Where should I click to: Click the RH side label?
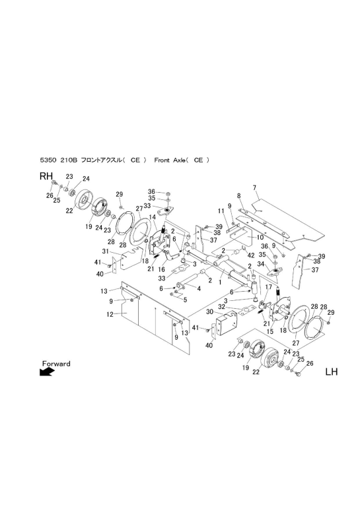[x=46, y=176]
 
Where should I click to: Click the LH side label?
[x=332, y=372]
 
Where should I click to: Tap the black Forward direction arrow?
[x=47, y=372]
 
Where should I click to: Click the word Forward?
[x=56, y=363]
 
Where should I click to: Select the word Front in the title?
[x=162, y=160]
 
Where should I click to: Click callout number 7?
[x=254, y=187]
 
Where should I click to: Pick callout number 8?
[x=239, y=195]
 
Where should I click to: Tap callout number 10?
[x=260, y=237]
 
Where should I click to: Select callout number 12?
[x=110, y=314]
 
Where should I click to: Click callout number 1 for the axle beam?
[x=220, y=282]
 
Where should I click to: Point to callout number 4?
[x=199, y=289]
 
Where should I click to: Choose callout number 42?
[x=250, y=255]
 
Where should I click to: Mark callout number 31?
[x=106, y=251]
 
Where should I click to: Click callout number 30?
[x=210, y=311]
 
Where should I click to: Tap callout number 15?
[x=270, y=331]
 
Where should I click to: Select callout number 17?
[x=268, y=286]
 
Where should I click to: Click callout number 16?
[x=162, y=269]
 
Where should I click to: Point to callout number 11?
[x=221, y=211]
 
